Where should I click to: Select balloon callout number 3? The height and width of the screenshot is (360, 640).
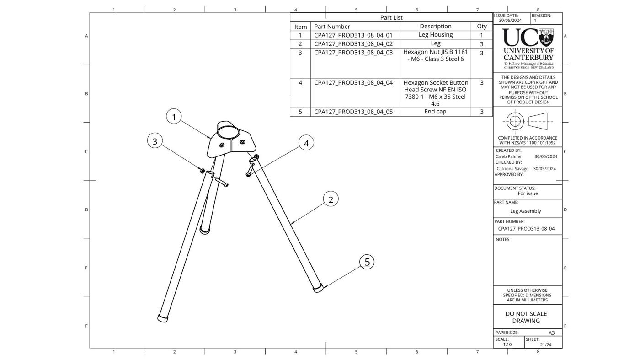155,141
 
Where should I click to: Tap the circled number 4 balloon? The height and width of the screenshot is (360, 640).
306,143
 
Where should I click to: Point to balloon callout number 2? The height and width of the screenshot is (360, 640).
331,199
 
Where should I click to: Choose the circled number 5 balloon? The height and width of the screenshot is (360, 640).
367,262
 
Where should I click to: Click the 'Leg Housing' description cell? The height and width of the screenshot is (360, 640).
435,35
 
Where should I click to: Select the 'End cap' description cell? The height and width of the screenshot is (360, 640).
435,112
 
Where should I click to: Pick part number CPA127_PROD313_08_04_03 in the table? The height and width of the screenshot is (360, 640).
353,53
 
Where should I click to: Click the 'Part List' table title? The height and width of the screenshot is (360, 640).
391,17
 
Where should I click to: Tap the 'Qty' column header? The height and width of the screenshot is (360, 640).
482,27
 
